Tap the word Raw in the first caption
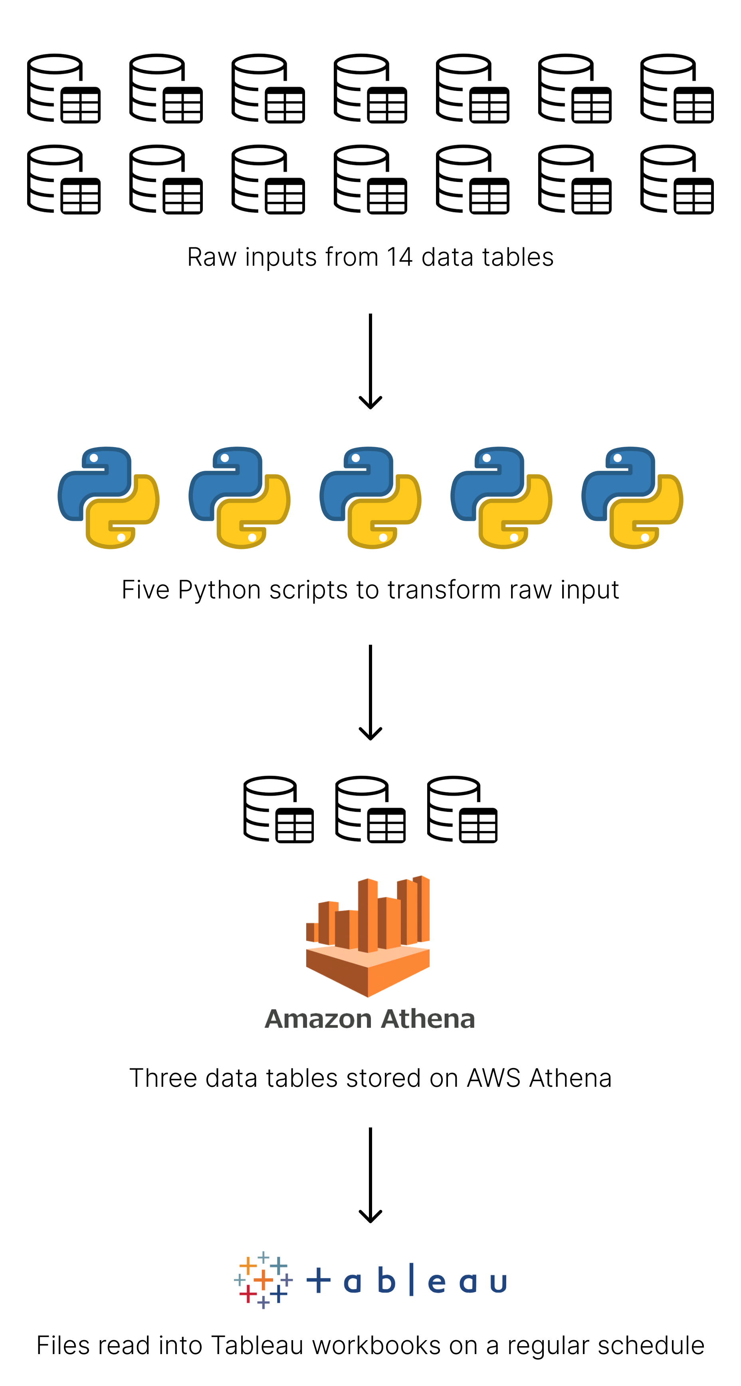click(x=211, y=257)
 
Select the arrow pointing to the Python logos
click(x=370, y=361)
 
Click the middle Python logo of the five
click(x=370, y=497)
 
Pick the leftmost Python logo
click(x=108, y=497)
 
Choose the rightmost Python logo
click(x=632, y=497)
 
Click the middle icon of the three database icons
click(x=370, y=809)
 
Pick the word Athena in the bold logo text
click(x=429, y=1019)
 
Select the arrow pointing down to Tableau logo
click(x=370, y=1175)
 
